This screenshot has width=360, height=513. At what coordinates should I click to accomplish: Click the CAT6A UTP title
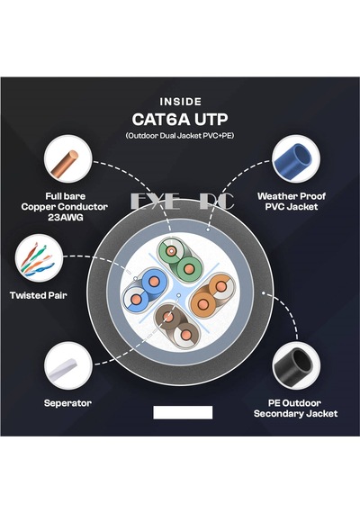(180, 119)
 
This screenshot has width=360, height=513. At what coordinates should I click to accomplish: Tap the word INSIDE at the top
(180, 102)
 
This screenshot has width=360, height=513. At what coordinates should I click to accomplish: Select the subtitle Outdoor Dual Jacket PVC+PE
(180, 135)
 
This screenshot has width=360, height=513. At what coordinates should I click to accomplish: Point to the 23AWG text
(65, 217)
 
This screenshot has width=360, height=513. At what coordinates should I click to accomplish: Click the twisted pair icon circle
(39, 257)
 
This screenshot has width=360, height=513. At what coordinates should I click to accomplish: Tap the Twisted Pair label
(39, 295)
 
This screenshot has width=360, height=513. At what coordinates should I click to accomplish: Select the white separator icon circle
(67, 365)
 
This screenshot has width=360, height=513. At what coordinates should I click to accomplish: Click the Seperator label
(67, 403)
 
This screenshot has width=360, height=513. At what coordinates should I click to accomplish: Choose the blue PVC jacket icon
(296, 159)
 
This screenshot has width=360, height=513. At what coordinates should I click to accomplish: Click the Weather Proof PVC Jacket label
(292, 202)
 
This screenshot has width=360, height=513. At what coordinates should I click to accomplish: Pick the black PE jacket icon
(296, 365)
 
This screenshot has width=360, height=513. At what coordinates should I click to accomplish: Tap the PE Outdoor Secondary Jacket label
(295, 409)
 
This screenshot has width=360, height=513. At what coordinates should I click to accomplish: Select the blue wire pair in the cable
(145, 290)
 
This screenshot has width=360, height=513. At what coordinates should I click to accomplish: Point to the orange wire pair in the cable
(212, 295)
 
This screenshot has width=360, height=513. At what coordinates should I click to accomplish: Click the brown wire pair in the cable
(177, 326)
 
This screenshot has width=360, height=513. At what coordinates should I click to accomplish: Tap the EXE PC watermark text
(182, 202)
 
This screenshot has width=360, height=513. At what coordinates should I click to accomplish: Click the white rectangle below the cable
(183, 412)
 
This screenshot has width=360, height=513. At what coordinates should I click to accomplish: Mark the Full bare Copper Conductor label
(65, 202)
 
